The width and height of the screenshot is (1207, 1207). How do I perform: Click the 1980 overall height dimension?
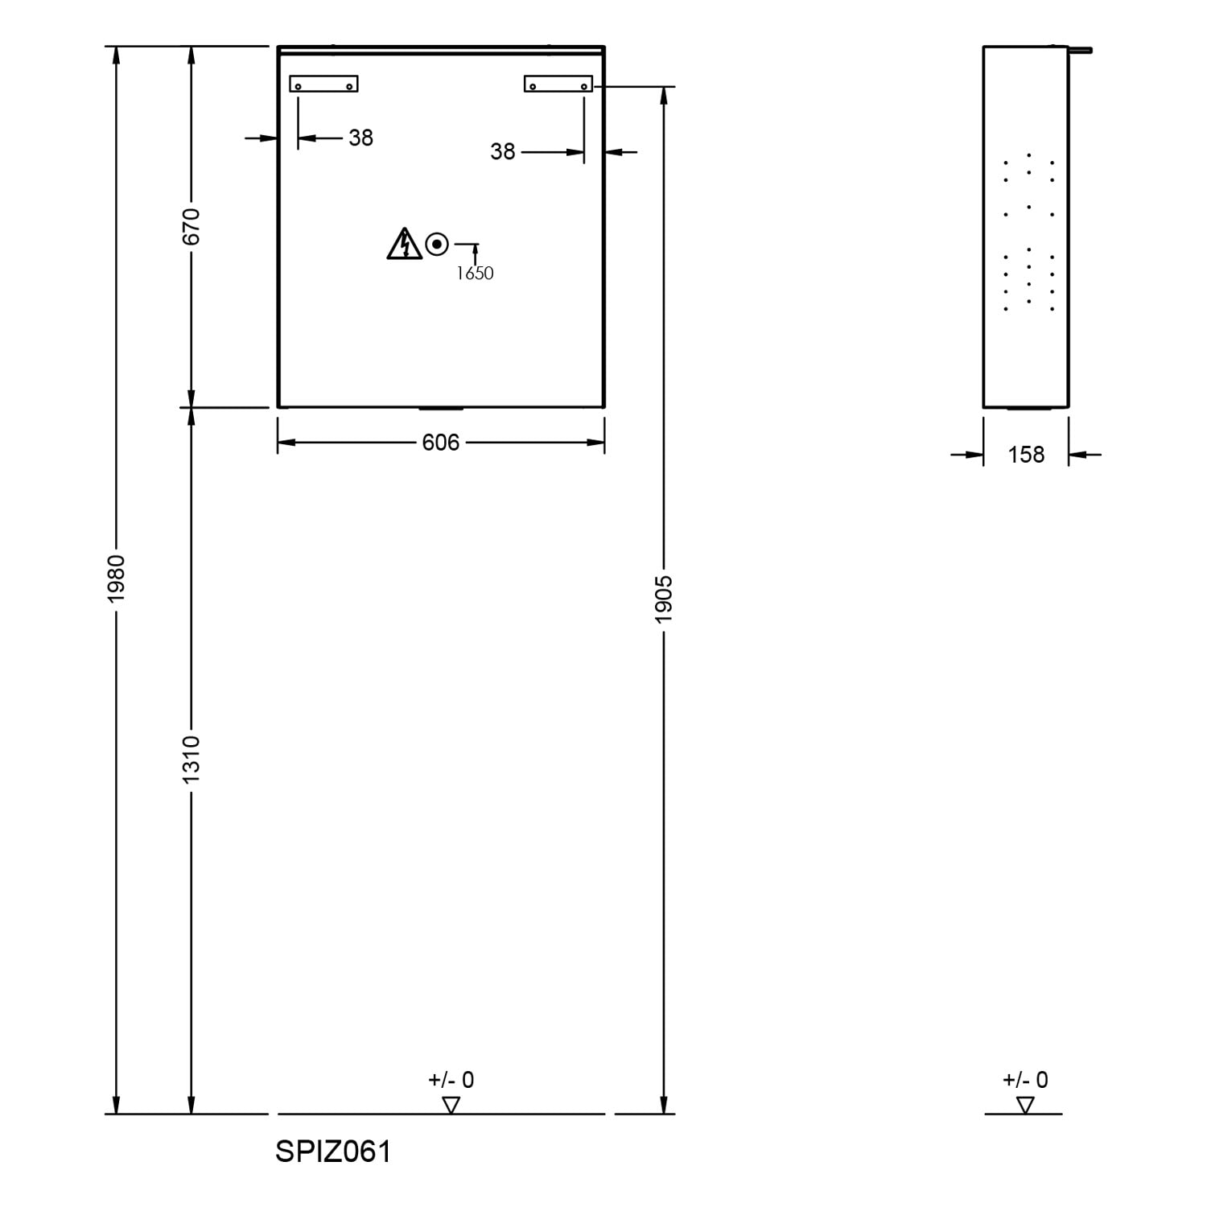tap(117, 579)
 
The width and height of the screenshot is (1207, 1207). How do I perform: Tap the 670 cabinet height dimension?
tap(191, 226)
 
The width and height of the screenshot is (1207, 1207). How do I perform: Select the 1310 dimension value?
tap(191, 759)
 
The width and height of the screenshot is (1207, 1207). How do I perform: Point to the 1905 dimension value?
tap(664, 599)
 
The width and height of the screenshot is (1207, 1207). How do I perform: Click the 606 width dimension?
tap(441, 443)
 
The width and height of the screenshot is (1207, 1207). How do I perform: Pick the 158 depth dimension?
tap(1026, 455)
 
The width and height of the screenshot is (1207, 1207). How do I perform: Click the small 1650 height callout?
tap(475, 274)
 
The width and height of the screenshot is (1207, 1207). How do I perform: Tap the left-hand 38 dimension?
tap(361, 138)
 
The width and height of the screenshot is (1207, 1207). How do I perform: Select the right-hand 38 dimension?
tap(503, 151)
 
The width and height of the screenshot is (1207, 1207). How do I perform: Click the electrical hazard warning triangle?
tap(404, 244)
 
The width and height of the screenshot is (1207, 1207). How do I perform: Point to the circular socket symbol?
tap(437, 243)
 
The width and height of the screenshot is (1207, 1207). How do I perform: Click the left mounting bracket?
tap(323, 84)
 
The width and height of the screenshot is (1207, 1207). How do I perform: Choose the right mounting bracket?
tap(558, 84)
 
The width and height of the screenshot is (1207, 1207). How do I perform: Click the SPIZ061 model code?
tap(333, 1151)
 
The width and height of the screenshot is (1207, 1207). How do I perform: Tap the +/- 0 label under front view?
tap(451, 1080)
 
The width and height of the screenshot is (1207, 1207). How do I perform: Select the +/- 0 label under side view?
tap(1025, 1080)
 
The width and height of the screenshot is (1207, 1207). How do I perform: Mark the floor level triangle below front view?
tap(451, 1106)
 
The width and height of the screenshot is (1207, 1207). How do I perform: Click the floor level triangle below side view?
tap(1025, 1106)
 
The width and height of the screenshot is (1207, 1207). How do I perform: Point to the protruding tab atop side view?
tap(1080, 51)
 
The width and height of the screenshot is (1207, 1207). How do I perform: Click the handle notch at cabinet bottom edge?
tap(441, 409)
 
